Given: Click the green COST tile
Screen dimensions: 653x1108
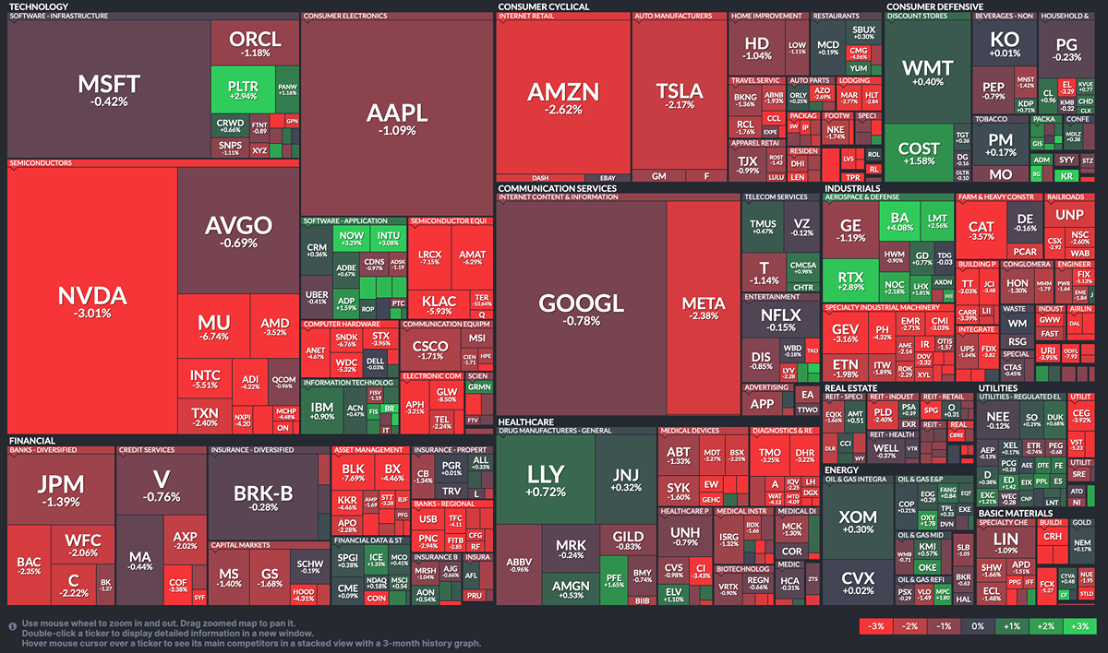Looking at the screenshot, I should tap(919, 153).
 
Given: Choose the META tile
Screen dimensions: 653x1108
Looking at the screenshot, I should tap(703, 308).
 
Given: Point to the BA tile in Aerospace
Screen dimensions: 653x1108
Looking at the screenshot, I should tap(899, 220).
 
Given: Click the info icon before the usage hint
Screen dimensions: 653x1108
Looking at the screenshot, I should tap(12, 624).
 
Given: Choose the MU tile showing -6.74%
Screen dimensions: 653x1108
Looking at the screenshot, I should tap(213, 329).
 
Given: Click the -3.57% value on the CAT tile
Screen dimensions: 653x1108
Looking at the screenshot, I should tap(981, 237).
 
